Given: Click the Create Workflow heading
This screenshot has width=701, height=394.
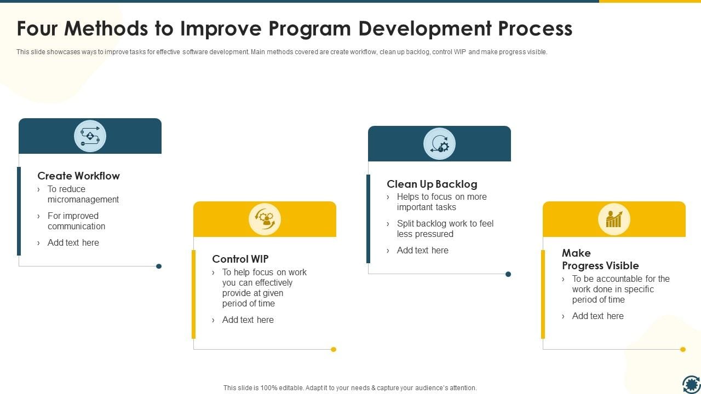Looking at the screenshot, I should (x=78, y=176).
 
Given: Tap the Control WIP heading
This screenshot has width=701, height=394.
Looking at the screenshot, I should (x=240, y=259).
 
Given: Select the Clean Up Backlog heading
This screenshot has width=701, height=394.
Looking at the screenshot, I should (x=432, y=184).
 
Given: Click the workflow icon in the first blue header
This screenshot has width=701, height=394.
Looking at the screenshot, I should (x=90, y=136).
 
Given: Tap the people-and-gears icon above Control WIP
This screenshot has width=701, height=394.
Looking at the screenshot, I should (x=265, y=219).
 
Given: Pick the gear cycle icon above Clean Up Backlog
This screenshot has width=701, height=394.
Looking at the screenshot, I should (x=439, y=144).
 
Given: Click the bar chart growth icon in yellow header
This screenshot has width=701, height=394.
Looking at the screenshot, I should (x=614, y=219).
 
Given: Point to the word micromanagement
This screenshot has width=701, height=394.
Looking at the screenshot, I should (x=83, y=199).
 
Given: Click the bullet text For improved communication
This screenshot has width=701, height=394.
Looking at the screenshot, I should (x=76, y=221).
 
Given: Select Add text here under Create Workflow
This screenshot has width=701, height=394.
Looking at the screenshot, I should (x=73, y=242).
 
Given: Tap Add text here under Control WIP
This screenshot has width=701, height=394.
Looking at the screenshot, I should (x=248, y=320).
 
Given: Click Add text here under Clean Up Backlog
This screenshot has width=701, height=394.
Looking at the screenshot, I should (x=422, y=250).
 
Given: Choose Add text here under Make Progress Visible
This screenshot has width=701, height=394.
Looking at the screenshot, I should (x=597, y=316).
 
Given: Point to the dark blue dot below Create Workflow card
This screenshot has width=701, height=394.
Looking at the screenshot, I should (x=159, y=266).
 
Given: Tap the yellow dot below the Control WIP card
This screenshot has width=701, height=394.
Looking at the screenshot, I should (x=334, y=349).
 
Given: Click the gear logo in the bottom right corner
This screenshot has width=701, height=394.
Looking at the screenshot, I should (x=691, y=384).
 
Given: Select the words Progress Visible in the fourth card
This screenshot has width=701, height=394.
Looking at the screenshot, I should (x=600, y=265).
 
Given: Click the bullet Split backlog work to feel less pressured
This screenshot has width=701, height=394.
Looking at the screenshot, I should (x=445, y=229).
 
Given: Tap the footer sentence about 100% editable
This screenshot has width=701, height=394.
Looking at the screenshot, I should (x=350, y=387).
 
